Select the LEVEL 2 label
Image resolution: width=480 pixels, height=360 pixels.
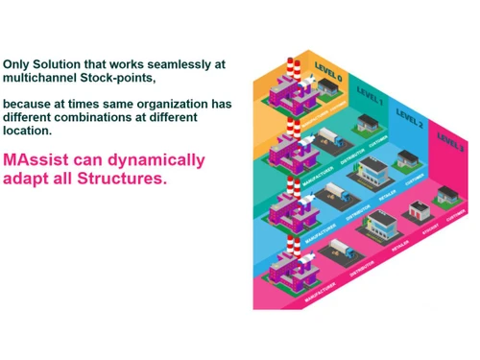coord(409,118)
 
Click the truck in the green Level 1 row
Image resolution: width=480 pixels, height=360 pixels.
coord(323,140)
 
